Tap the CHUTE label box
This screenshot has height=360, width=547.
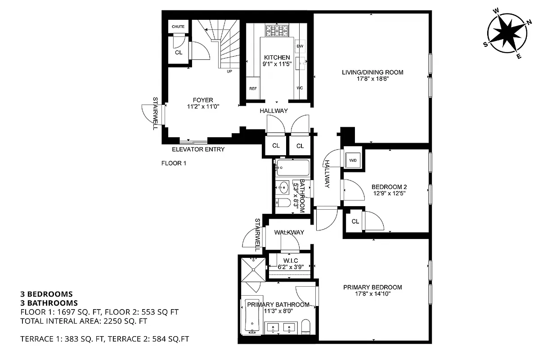click(x=178, y=27)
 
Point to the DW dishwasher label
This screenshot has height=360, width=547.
click(x=300, y=46)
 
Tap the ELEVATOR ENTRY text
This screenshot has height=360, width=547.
click(x=198, y=149)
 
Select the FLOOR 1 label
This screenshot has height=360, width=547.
click(x=174, y=163)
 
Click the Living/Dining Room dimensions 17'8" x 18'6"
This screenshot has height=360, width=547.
click(x=372, y=78)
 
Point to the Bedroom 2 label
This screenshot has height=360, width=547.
click(x=389, y=187)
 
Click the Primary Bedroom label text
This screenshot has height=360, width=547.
click(x=372, y=287)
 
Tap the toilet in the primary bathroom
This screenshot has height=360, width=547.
click(x=305, y=327)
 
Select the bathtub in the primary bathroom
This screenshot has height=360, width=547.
click(x=251, y=316)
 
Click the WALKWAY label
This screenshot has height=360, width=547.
click(x=289, y=232)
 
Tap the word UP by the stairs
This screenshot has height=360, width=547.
click(x=229, y=71)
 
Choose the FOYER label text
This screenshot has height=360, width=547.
click(x=203, y=100)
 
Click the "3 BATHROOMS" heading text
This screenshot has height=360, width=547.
click(x=49, y=303)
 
